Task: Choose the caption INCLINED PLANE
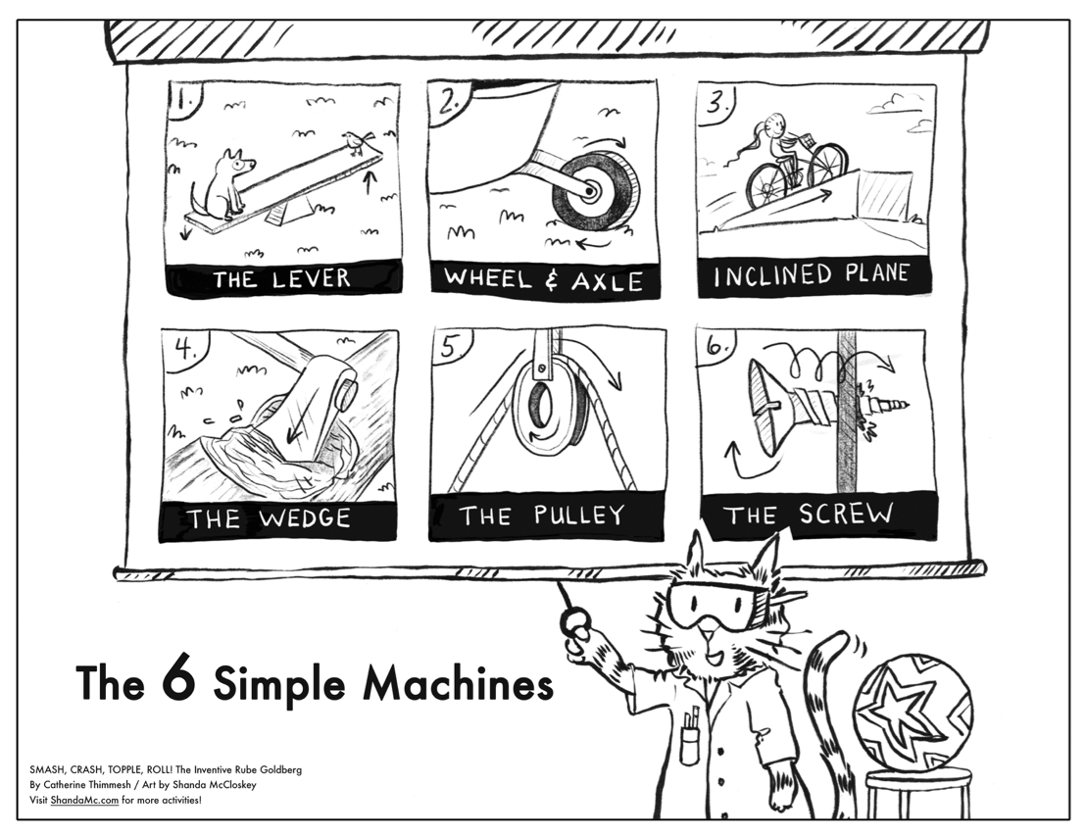click(x=811, y=276)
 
